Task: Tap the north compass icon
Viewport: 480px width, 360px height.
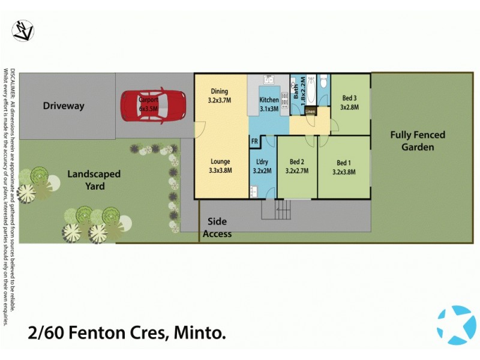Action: pos(23,31)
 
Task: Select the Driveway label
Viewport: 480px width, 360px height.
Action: pos(64,106)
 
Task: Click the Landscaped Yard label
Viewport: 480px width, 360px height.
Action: pos(94,180)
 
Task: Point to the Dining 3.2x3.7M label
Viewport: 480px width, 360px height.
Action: pos(220,96)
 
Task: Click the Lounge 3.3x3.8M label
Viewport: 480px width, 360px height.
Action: pos(220,166)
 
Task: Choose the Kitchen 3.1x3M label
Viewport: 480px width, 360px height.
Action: pos(269,104)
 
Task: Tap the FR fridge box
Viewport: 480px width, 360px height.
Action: pos(254,142)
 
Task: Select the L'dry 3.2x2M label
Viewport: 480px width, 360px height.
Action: pos(262,166)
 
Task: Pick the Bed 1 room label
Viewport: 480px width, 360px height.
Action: pos(344,166)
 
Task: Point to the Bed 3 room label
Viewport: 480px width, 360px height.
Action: pos(349,103)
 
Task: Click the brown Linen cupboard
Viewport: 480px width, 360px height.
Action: pos(310,111)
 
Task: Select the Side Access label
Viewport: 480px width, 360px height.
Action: pos(217,227)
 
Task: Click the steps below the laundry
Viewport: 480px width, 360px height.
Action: pos(276,209)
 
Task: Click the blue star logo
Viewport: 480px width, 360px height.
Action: pos(455,325)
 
